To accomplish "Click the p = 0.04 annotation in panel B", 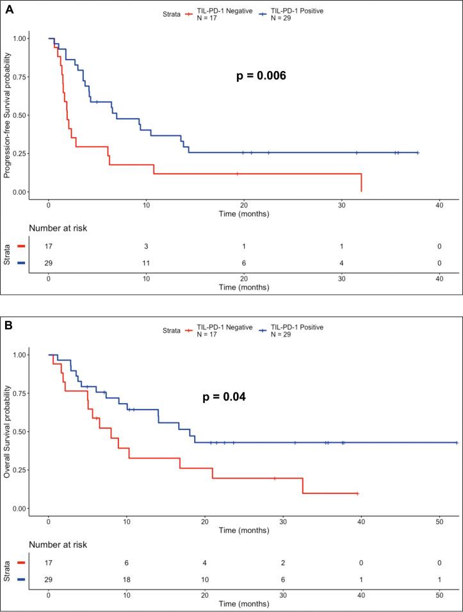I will [223, 397].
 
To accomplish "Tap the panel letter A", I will [8, 8].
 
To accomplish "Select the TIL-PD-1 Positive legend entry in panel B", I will [297, 330].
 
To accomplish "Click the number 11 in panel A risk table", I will [146, 263].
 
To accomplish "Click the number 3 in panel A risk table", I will [146, 245].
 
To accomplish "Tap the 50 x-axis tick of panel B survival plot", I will [439, 520].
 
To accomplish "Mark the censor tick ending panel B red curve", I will [357, 493].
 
